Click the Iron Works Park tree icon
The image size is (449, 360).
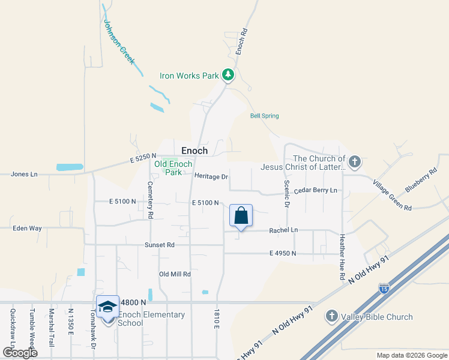click(228, 75)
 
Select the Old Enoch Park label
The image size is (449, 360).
click(173, 168)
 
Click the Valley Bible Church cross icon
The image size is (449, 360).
click(331, 316)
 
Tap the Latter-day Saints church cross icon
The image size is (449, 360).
click(355, 161)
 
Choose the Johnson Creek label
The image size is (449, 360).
click(119, 43)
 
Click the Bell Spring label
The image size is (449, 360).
click(264, 116)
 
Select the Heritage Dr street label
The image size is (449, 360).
click(211, 176)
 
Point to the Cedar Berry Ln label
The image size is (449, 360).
click(315, 190)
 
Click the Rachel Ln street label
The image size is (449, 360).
click(283, 230)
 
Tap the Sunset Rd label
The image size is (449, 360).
click(159, 245)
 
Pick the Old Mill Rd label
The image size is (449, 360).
click(175, 274)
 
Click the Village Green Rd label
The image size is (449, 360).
click(391, 195)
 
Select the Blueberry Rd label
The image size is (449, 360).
click(418, 180)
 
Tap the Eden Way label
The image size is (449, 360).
click(28, 228)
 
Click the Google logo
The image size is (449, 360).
click(20, 352)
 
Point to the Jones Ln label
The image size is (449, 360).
click(24, 174)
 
